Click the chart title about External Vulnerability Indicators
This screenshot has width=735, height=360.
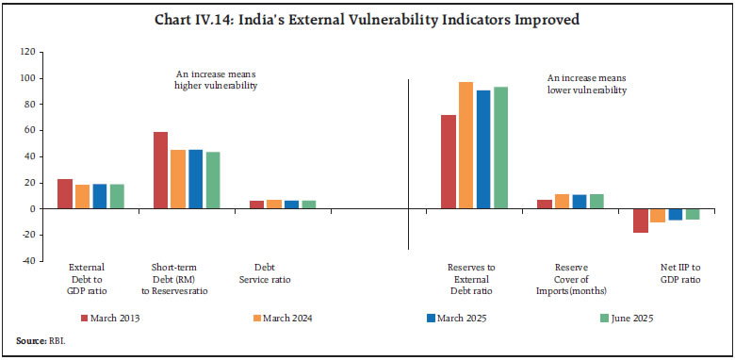tap(367, 18)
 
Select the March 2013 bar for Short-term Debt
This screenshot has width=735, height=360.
tap(160, 171)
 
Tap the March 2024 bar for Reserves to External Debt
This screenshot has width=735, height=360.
tap(465, 145)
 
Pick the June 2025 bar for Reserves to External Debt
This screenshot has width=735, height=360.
tap(500, 148)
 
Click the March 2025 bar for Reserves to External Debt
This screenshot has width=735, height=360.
tap(483, 149)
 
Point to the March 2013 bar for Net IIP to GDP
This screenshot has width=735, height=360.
tap(640, 221)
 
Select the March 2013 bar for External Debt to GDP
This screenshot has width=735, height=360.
tap(65, 193)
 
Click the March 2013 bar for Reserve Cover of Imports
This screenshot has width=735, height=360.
tap(545, 204)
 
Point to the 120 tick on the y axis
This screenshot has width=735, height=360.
tap(37, 52)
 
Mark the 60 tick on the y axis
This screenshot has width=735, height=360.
tap(39, 130)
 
